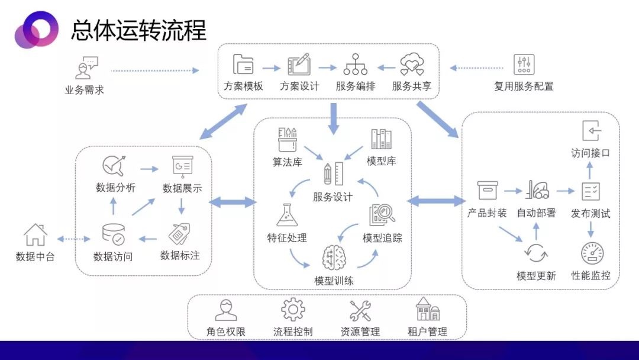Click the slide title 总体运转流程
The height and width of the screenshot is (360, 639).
[x=138, y=30]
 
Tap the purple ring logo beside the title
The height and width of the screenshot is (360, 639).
[x=37, y=29]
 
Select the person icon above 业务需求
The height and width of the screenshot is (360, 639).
[x=86, y=67]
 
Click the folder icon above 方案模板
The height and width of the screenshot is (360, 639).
[x=243, y=64]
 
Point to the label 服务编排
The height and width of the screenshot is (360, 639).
[x=356, y=86]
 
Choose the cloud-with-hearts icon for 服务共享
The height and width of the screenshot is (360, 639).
[x=412, y=64]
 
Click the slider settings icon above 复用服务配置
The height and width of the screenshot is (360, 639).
[x=524, y=65]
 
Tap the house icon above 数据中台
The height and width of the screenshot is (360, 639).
[x=35, y=234]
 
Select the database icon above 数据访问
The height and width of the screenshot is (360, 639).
[x=113, y=234]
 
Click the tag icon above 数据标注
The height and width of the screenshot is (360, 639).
[x=179, y=233]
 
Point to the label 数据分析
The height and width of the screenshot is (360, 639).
[x=115, y=188]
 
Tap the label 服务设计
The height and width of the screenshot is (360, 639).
[x=333, y=197]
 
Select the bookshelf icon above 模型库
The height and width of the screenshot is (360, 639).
[x=381, y=139]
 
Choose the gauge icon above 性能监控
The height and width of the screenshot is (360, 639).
[x=592, y=253]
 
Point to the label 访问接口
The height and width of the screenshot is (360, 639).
[x=590, y=153]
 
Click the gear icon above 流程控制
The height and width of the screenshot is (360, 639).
[x=293, y=310]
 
